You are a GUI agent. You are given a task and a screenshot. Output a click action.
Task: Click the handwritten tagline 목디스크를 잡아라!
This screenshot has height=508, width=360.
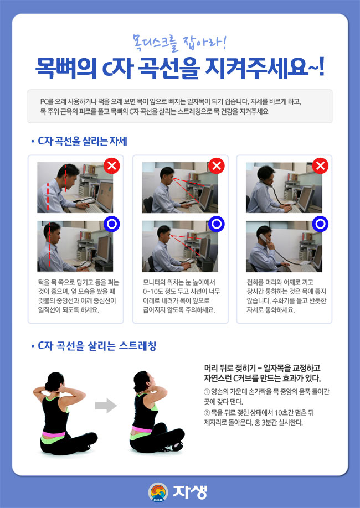pos(180,41)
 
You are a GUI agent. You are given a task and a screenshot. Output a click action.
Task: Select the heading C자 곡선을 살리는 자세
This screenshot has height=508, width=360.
pos(83,141)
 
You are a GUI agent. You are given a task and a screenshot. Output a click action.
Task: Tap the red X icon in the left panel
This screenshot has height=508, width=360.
pos(112,165)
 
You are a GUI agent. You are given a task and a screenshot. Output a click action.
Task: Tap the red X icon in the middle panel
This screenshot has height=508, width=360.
pos(217,165)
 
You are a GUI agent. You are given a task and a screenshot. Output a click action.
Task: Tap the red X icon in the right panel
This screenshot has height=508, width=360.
pos(320,165)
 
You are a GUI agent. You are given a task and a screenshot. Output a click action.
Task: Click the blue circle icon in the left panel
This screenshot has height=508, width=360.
pos(112,224)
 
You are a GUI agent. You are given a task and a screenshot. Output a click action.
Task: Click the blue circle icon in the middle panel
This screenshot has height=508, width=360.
pos(217,224)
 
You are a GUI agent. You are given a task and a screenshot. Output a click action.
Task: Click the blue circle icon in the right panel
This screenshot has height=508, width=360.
pos(320,224)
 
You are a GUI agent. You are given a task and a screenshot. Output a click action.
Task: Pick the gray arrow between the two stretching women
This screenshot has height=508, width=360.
pos(105,406)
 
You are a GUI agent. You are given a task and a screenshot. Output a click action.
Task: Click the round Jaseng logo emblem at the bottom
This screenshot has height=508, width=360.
pos(159,491)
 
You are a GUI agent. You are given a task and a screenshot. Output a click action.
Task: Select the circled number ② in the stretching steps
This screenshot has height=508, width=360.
pos(207,412)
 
